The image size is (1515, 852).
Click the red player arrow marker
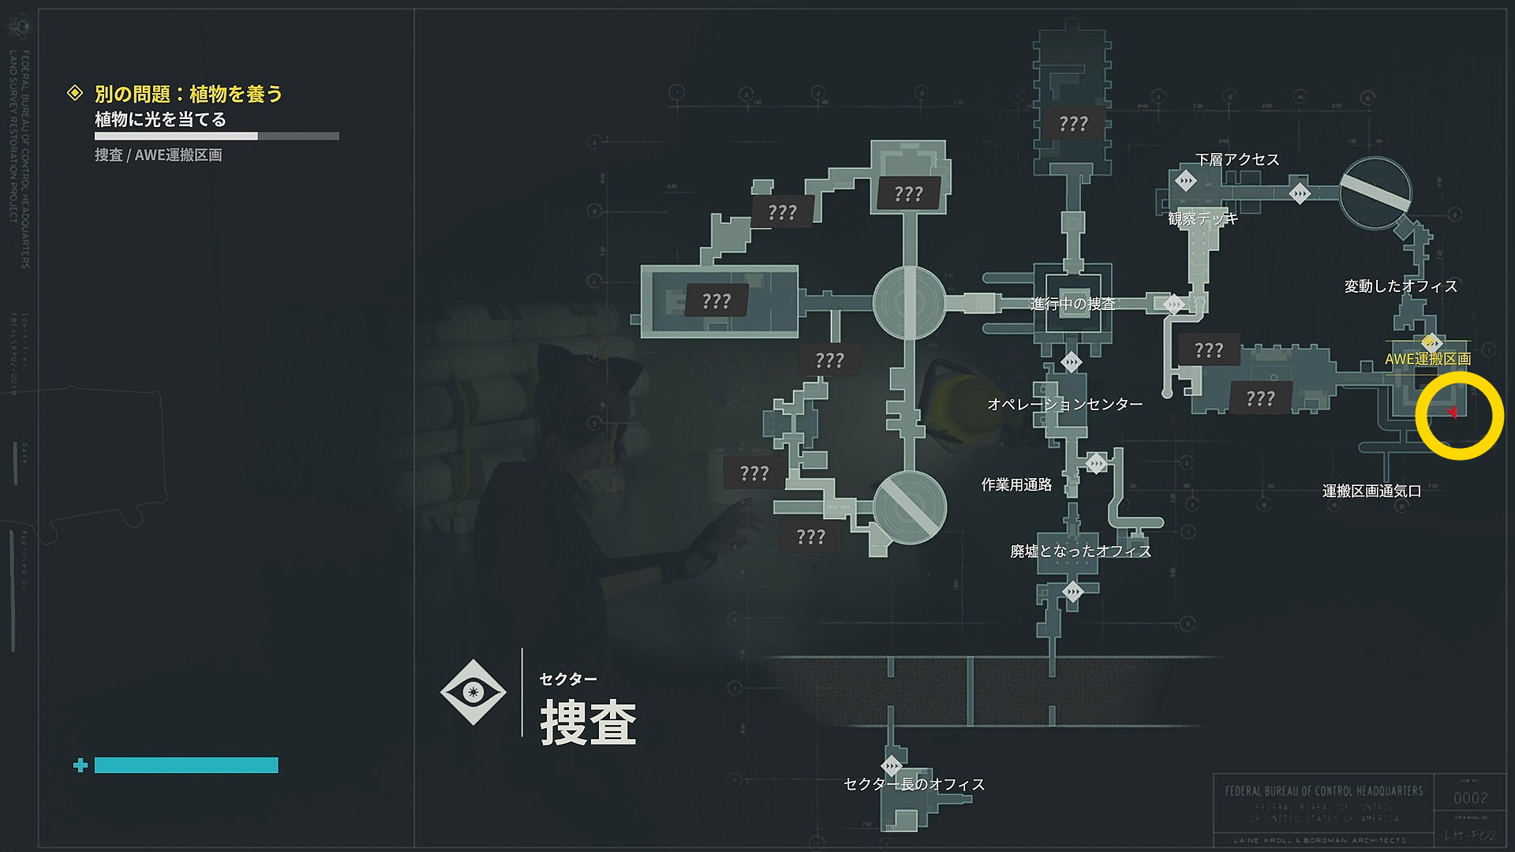click(x=1452, y=412)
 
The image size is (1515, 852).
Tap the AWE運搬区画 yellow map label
click(x=1427, y=359)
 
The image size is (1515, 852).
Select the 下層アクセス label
click(x=1236, y=159)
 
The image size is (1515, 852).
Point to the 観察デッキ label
click(x=1203, y=219)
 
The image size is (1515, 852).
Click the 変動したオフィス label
click(x=1401, y=286)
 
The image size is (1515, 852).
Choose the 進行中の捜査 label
click(x=1072, y=304)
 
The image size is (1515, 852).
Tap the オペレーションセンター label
click(x=1064, y=404)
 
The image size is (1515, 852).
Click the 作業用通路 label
click(x=1016, y=484)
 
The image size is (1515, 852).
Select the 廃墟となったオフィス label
click(x=1080, y=551)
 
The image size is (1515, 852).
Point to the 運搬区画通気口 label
click(x=1371, y=491)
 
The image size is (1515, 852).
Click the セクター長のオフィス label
click(x=914, y=784)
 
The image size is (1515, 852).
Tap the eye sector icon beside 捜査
click(x=473, y=692)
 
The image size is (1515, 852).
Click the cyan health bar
click(x=186, y=765)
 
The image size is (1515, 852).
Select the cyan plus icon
click(x=80, y=765)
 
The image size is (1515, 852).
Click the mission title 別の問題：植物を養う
click(x=188, y=94)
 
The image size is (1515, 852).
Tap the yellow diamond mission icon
click(x=75, y=93)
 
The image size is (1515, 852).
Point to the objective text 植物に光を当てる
click(x=160, y=119)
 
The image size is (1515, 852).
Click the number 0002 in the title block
click(x=1470, y=798)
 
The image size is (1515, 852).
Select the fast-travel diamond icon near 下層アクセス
click(x=1185, y=181)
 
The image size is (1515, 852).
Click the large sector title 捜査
click(x=588, y=722)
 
